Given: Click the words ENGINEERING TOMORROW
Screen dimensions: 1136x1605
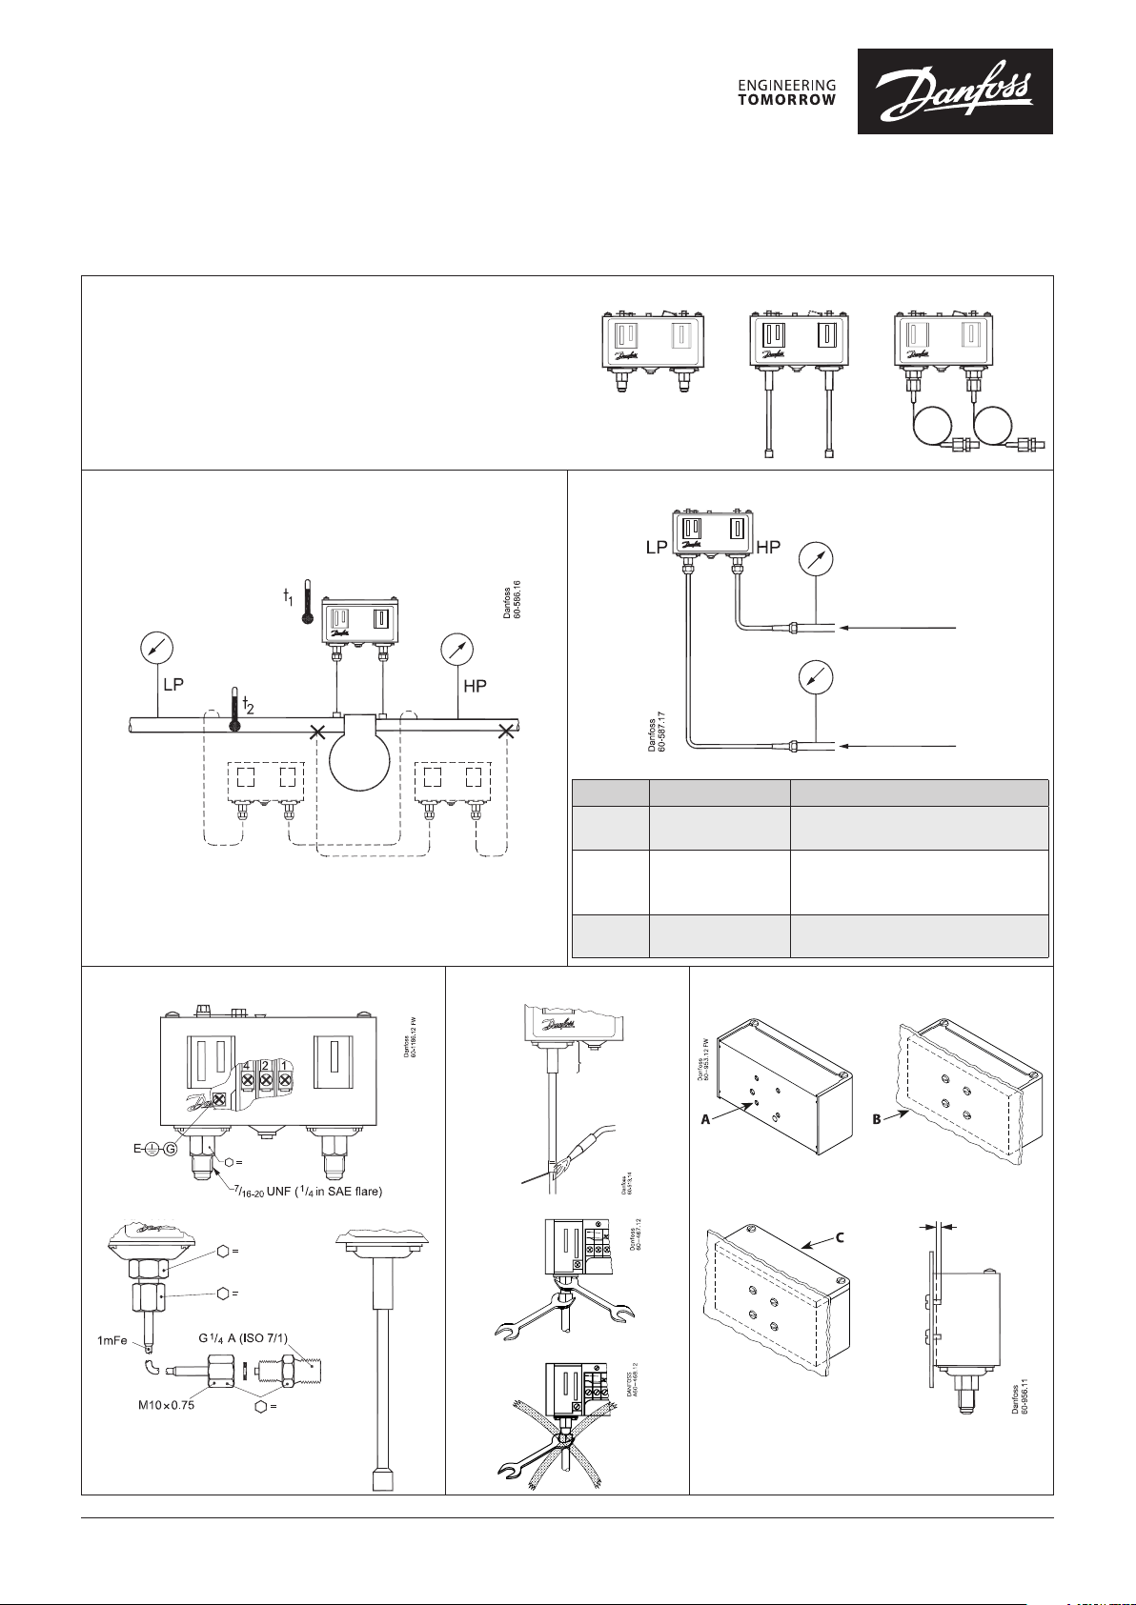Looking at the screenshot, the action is (x=787, y=92).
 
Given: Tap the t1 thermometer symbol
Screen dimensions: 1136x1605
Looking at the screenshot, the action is (x=307, y=601).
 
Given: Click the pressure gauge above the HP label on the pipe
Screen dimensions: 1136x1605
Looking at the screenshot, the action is (x=458, y=649).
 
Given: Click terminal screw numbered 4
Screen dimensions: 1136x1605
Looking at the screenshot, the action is (x=246, y=1079).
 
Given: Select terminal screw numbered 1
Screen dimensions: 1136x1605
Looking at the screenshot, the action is (x=284, y=1079).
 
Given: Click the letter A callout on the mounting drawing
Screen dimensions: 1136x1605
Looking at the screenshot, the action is (x=706, y=1120).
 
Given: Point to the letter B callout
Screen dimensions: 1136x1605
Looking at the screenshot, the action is (x=876, y=1120).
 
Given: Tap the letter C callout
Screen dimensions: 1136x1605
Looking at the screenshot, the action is (x=840, y=1238).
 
